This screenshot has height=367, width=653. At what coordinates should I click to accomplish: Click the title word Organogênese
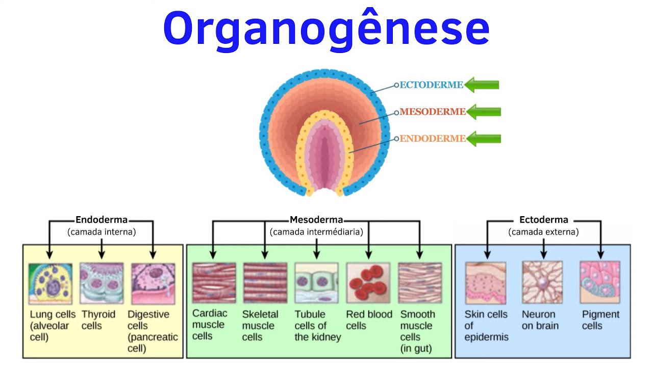click(x=326, y=29)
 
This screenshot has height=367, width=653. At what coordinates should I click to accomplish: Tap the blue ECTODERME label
click(x=431, y=85)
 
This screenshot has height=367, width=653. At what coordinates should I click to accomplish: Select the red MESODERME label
click(x=433, y=112)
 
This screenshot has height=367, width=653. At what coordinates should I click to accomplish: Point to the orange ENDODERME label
click(x=433, y=138)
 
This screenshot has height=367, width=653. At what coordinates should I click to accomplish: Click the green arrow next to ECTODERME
click(x=482, y=85)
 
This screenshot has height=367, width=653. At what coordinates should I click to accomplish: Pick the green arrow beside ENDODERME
click(x=484, y=139)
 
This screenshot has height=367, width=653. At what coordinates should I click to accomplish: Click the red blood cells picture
click(x=368, y=283)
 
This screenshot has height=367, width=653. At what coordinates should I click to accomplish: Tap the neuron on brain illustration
click(x=542, y=282)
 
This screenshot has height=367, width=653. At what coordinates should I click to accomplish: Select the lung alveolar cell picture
click(x=51, y=284)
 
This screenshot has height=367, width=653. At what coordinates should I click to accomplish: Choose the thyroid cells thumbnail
click(x=102, y=283)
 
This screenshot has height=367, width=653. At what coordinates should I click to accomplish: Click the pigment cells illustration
click(x=600, y=282)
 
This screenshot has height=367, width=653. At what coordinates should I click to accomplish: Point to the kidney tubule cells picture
click(x=317, y=283)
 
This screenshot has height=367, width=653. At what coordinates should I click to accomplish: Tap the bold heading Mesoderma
click(x=316, y=220)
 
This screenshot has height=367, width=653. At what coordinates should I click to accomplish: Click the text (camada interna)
click(x=102, y=232)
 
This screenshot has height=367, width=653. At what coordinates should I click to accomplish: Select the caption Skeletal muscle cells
click(x=260, y=326)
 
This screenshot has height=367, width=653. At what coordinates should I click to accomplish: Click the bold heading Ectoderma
click(x=544, y=220)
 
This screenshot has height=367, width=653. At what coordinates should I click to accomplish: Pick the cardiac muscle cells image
click(x=214, y=283)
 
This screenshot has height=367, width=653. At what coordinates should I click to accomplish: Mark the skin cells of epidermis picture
click(x=486, y=283)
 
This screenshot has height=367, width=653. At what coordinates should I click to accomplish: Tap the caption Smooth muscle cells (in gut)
click(x=418, y=331)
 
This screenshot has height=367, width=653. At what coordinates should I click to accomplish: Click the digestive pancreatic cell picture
click(x=154, y=284)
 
